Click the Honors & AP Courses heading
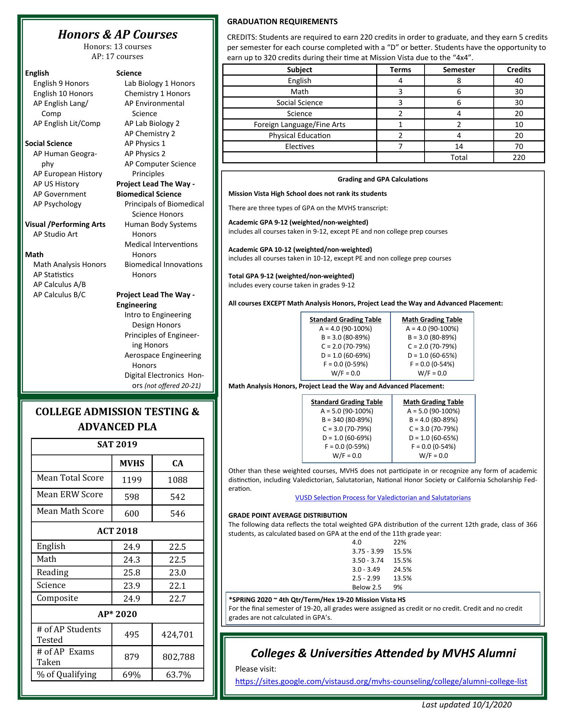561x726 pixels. pos(118,34)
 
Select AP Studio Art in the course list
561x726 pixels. pos(55,234)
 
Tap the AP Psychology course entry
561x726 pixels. pos(57,204)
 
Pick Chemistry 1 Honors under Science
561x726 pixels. pos(157,93)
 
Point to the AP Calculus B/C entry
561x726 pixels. pos(59,295)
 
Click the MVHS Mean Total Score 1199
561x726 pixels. pos(132,480)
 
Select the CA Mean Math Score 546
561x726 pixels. pos(178,513)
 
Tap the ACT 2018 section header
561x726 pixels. pos(117,531)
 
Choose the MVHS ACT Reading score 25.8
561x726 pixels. pos(132,572)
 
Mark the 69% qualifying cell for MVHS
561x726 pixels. pos(132,675)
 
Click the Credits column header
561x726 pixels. pos(519,70)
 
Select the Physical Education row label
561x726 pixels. pos(299,135)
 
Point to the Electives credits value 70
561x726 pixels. pos(519,146)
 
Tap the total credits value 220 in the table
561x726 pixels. pos(519,157)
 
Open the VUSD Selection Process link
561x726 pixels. pos(383,498)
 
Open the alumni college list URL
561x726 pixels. pos(381,681)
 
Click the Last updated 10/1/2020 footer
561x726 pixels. pos(466,704)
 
